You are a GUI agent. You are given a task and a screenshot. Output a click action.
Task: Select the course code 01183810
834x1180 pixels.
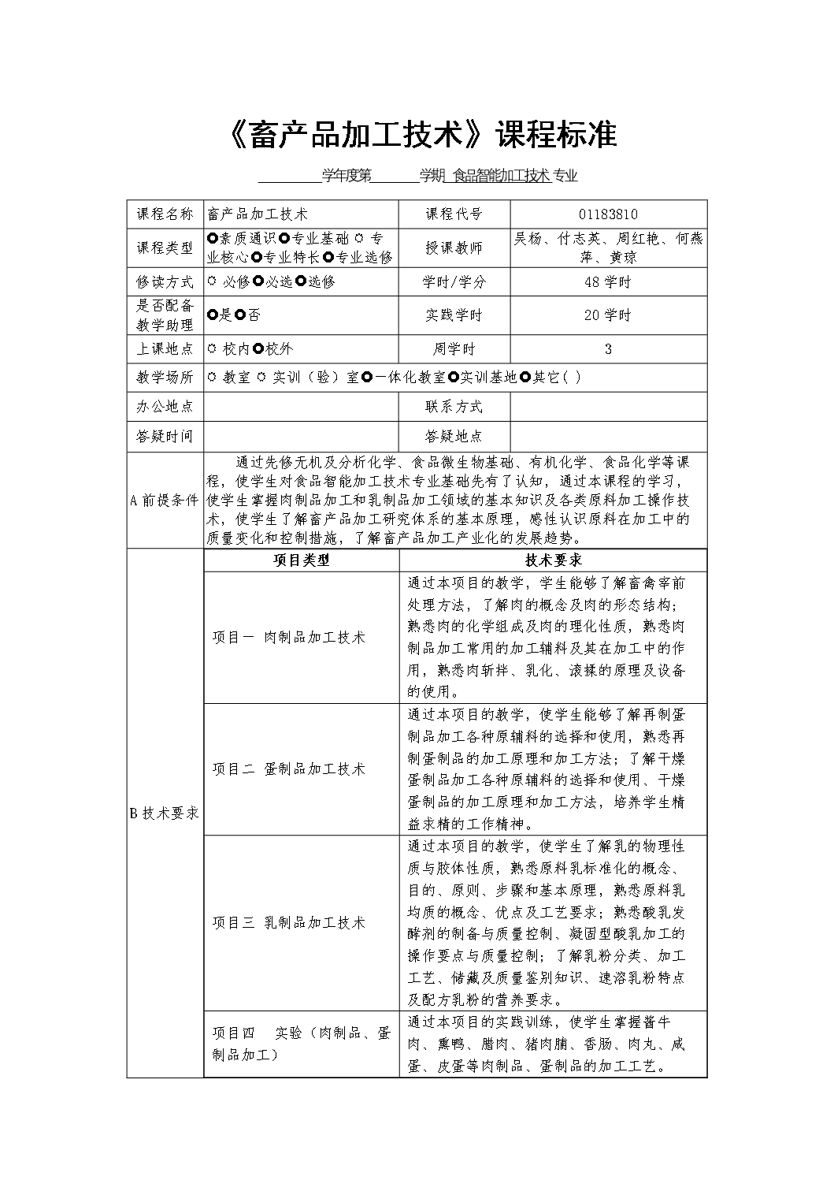coord(608,214)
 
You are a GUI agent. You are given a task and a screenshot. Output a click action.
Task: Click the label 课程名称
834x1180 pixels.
coord(165,214)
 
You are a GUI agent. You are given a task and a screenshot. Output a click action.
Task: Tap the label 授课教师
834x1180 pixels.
coord(454,248)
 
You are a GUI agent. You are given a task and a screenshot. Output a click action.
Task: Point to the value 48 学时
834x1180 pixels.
coord(608,281)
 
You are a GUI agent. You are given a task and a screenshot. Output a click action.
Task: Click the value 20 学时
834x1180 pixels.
coord(608,315)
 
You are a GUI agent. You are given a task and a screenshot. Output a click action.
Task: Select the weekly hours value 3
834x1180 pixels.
coord(608,349)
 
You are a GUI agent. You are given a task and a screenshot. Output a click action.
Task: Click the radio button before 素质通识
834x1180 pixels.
coord(213,239)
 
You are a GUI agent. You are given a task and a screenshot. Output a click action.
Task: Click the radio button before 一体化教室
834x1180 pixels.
coord(367,378)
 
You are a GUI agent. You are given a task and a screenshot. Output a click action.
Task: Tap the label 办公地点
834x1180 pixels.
coord(165,407)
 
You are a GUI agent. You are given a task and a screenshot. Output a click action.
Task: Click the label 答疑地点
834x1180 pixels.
coord(454,436)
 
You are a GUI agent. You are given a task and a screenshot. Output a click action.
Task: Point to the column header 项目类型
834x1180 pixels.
coord(302,560)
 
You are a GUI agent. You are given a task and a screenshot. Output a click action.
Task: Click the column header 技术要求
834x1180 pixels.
coord(553,560)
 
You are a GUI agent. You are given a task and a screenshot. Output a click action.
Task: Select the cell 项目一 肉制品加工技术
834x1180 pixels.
coord(288,638)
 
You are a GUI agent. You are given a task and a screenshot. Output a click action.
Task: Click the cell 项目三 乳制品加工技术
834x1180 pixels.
coord(288,923)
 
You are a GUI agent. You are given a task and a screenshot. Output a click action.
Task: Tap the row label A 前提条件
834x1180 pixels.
coord(165,501)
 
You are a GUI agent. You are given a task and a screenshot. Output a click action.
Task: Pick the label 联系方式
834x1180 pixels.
coord(454,407)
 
